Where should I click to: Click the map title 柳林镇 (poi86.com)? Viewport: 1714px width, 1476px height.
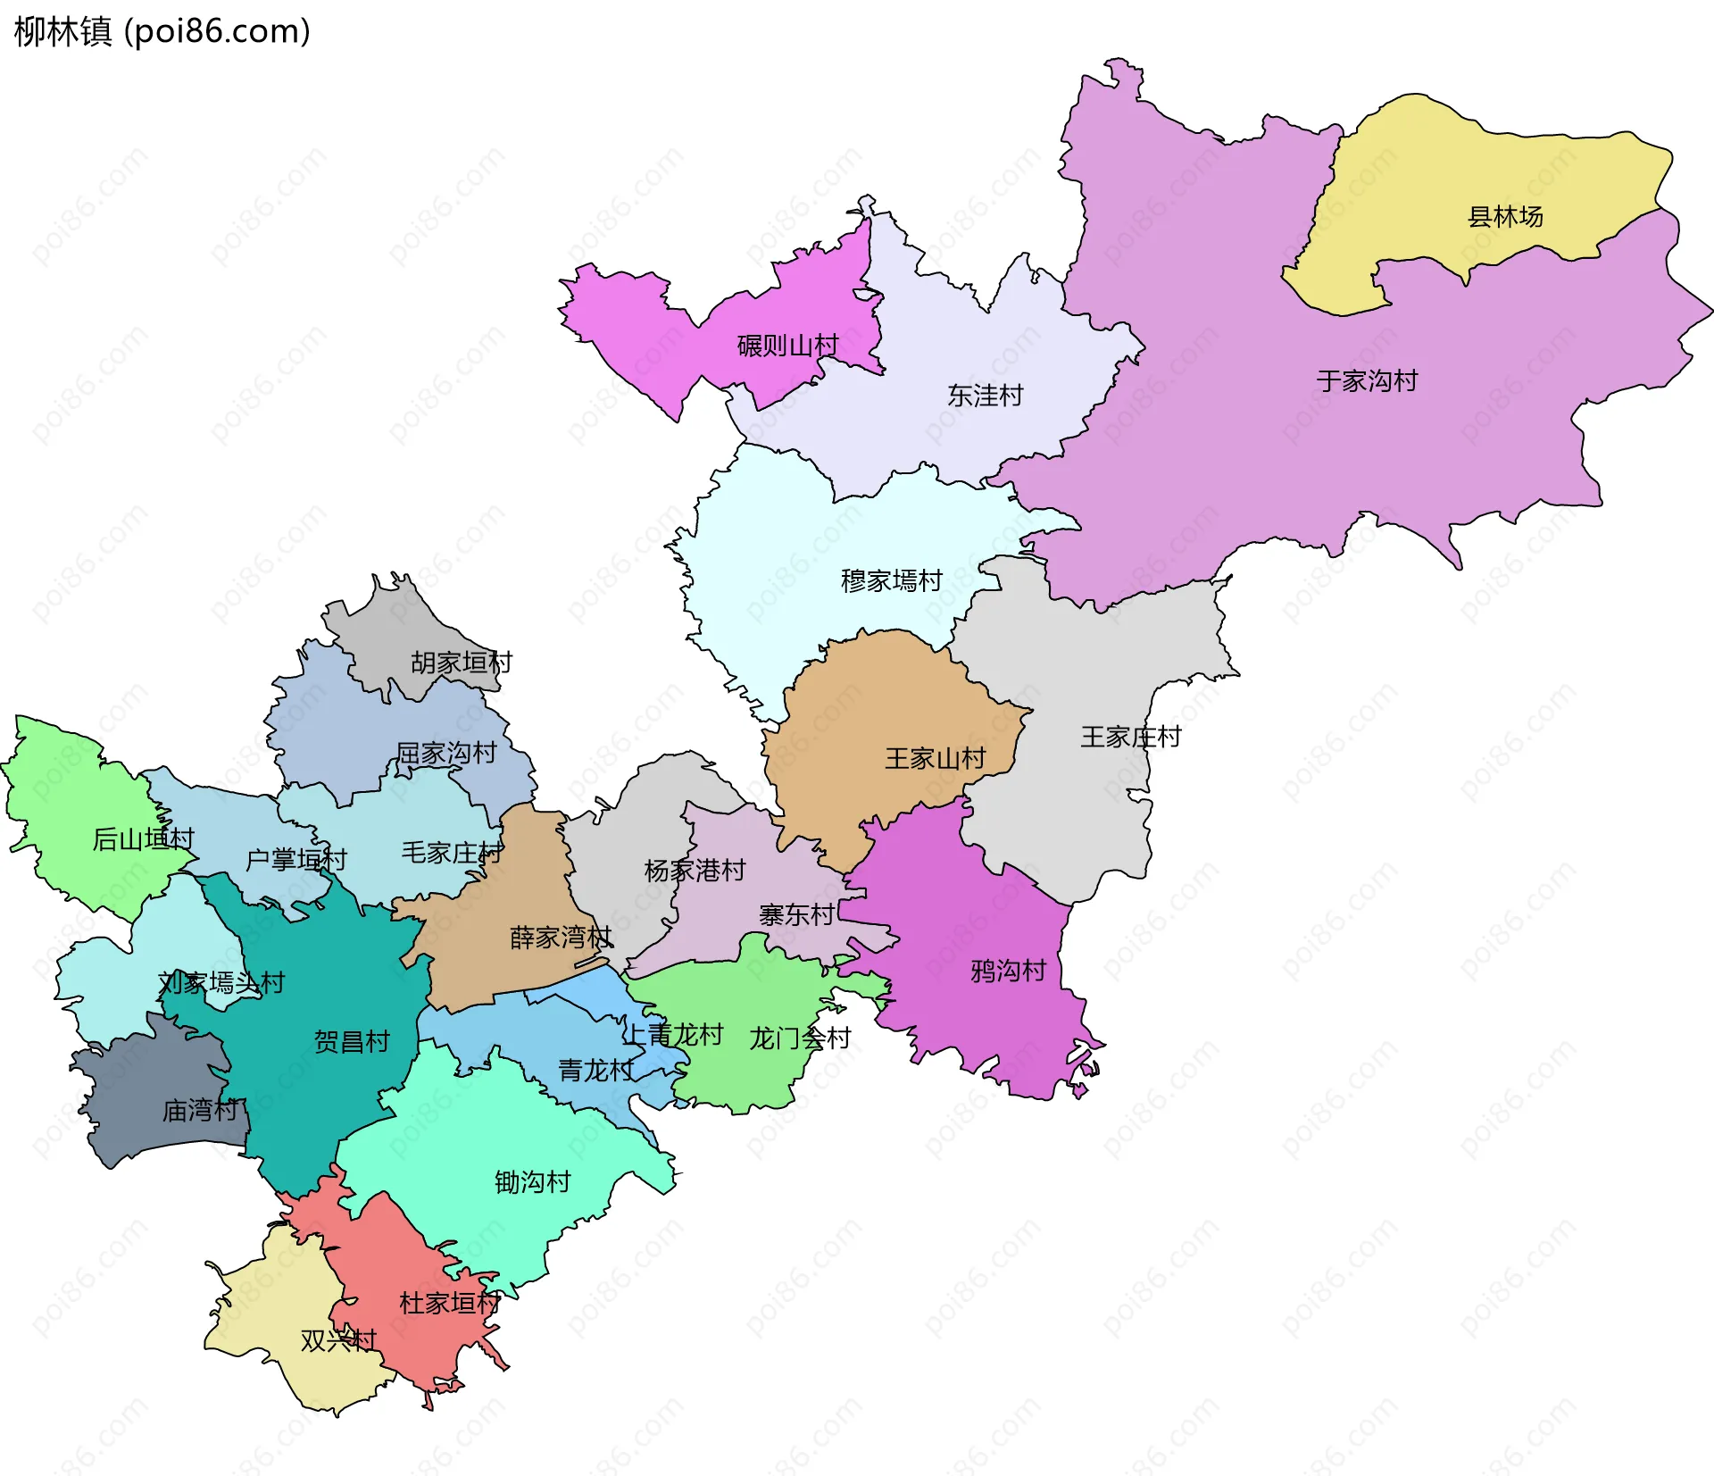pyautogui.click(x=162, y=31)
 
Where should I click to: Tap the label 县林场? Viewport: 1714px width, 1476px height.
pyautogui.click(x=1505, y=217)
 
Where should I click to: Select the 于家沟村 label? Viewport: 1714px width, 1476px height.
pyautogui.click(x=1367, y=381)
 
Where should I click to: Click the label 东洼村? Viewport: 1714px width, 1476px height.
pyautogui.click(x=985, y=396)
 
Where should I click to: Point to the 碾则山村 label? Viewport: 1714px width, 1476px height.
pyautogui.click(x=787, y=346)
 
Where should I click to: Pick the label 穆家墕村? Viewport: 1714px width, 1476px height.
pyautogui.click(x=891, y=581)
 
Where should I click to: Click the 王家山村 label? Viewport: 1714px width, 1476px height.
pyautogui.click(x=935, y=759)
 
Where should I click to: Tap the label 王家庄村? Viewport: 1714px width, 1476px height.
pyautogui.click(x=1130, y=738)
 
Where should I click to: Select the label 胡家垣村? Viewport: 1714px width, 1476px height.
pyautogui.click(x=461, y=663)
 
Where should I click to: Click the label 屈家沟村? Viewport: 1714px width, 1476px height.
pyautogui.click(x=445, y=754)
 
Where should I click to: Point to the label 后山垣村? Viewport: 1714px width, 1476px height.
pyautogui.click(x=143, y=839)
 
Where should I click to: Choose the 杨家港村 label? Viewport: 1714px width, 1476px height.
pyautogui.click(x=695, y=871)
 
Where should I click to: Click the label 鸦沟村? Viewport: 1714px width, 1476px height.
pyautogui.click(x=1008, y=971)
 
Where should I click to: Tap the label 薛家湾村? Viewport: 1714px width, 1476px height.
pyautogui.click(x=561, y=938)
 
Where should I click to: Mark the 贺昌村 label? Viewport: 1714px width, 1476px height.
pyautogui.click(x=352, y=1042)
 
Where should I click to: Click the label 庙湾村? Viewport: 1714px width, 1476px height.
pyautogui.click(x=200, y=1111)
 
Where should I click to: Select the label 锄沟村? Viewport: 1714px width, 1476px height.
pyautogui.click(x=532, y=1182)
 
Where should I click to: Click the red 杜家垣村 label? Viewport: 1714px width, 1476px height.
pyautogui.click(x=448, y=1304)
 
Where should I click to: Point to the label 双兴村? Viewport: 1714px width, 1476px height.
pyautogui.click(x=338, y=1341)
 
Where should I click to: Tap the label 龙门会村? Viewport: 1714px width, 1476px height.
pyautogui.click(x=799, y=1038)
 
